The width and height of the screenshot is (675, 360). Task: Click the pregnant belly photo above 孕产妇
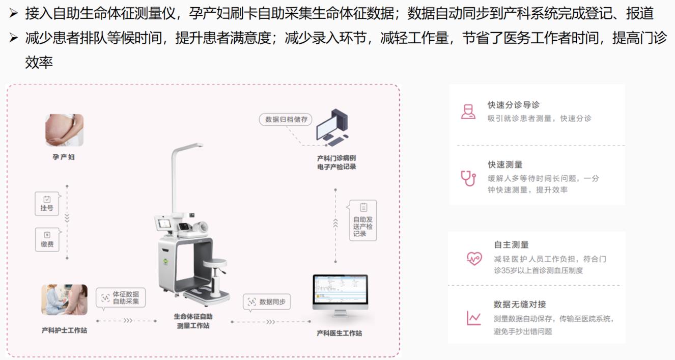coord(64,130)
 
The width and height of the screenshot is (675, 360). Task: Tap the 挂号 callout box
coord(47,204)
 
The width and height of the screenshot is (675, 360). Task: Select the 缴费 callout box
coord(47,239)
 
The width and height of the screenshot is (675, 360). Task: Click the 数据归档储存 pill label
coord(286,119)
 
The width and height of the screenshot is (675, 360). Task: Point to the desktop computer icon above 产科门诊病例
coord(332,128)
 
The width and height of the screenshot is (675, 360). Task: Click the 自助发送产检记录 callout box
coord(362,220)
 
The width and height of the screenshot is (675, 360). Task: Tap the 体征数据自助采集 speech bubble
coord(121,297)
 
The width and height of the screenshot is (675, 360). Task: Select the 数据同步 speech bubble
coord(267,302)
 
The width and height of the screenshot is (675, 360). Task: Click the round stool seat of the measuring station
coord(215,263)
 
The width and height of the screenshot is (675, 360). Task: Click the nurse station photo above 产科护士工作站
coord(65,300)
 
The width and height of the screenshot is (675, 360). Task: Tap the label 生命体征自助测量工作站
coord(193,321)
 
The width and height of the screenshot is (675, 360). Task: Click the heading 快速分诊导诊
coord(514,105)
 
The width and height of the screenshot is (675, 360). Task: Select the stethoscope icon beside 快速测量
coord(468,178)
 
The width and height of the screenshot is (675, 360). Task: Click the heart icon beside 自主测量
coord(474,258)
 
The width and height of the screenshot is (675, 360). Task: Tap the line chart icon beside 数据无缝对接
coord(473,318)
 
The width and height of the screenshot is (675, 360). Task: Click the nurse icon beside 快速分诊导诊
coord(468,112)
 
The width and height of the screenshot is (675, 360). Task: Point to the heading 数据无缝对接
coord(520,304)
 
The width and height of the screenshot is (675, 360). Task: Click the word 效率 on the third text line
coord(39,63)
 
